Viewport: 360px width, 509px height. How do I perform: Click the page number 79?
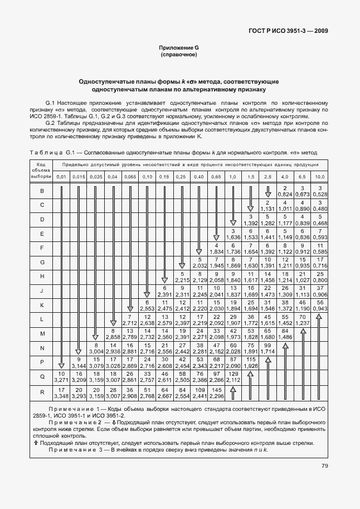[324, 466]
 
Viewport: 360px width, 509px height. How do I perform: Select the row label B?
[42, 191]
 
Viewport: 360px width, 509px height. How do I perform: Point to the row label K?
[42, 305]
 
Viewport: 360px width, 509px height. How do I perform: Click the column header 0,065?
[130, 177]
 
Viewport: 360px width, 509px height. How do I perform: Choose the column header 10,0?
[320, 177]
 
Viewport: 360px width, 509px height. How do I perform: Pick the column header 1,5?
[251, 177]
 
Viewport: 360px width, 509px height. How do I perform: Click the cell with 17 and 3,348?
[61, 392]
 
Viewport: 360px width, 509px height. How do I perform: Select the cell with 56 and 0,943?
[320, 305]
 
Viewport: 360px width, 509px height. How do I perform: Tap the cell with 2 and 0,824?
[285, 191]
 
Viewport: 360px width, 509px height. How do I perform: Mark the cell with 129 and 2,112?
[233, 376]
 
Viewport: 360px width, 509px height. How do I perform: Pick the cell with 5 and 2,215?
[182, 277]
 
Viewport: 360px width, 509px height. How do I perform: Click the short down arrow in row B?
[267, 191]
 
